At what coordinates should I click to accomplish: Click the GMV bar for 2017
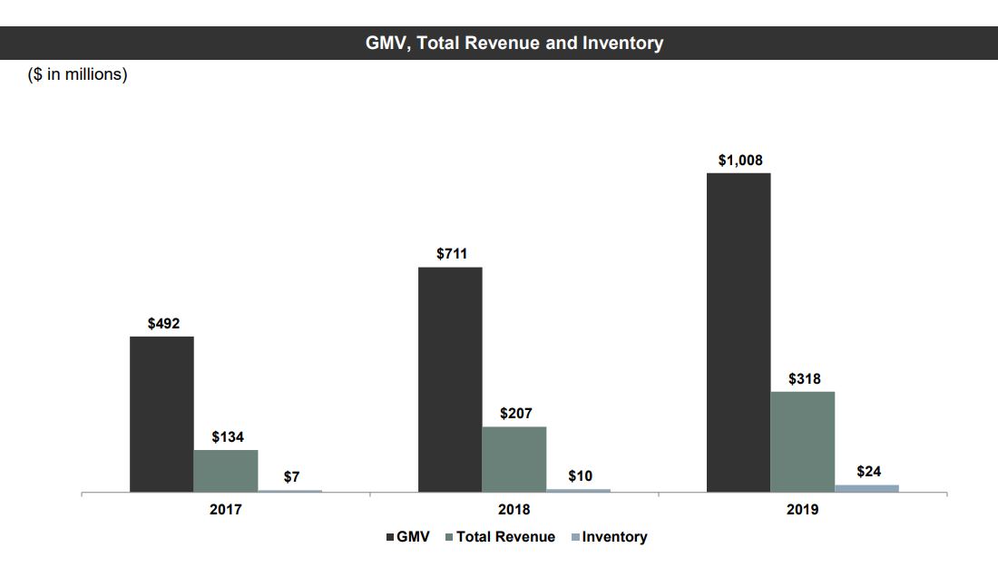[x=161, y=414]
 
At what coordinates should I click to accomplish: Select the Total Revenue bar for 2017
[x=226, y=470]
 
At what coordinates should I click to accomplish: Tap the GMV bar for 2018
[x=450, y=379]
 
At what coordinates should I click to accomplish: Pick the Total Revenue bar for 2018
[x=514, y=458]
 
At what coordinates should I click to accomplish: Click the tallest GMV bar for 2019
[x=739, y=332]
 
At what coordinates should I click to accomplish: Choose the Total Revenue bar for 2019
[x=803, y=441]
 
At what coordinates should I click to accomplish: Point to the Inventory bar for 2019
[x=866, y=488]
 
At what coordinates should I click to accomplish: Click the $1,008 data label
[x=740, y=161]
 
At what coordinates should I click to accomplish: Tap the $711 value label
[x=452, y=254]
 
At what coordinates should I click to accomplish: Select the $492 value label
[x=163, y=324]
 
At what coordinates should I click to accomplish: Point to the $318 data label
[x=805, y=379]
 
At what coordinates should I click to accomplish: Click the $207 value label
[x=516, y=414]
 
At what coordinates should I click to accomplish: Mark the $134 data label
[x=228, y=437]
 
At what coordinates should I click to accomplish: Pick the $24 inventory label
[x=868, y=472]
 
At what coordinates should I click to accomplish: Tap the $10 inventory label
[x=580, y=476]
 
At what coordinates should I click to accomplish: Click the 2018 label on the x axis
[x=514, y=510]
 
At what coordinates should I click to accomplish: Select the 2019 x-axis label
[x=803, y=510]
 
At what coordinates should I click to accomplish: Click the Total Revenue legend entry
[x=500, y=537]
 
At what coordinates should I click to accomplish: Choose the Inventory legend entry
[x=609, y=537]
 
